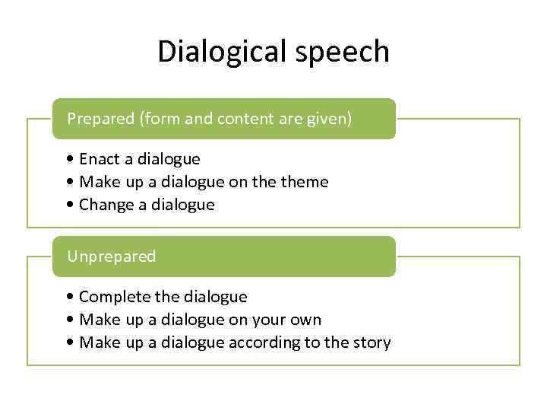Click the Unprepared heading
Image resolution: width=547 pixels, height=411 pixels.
click(111, 256)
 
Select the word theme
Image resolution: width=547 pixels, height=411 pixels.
click(303, 182)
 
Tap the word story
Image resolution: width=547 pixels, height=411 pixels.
click(370, 342)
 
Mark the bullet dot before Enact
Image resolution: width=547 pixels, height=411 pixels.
click(70, 159)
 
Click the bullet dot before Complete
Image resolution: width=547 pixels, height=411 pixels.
click(70, 297)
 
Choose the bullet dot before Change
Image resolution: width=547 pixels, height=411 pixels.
click(70, 205)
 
